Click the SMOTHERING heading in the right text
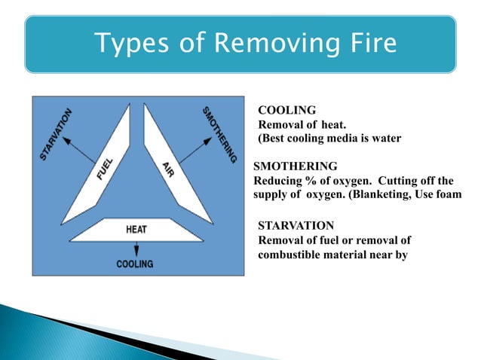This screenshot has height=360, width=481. coord(296,166)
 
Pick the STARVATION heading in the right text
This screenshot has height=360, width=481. coord(296,225)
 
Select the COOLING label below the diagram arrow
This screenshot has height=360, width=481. coord(134,264)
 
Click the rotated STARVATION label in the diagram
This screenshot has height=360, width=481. coord(56,133)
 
